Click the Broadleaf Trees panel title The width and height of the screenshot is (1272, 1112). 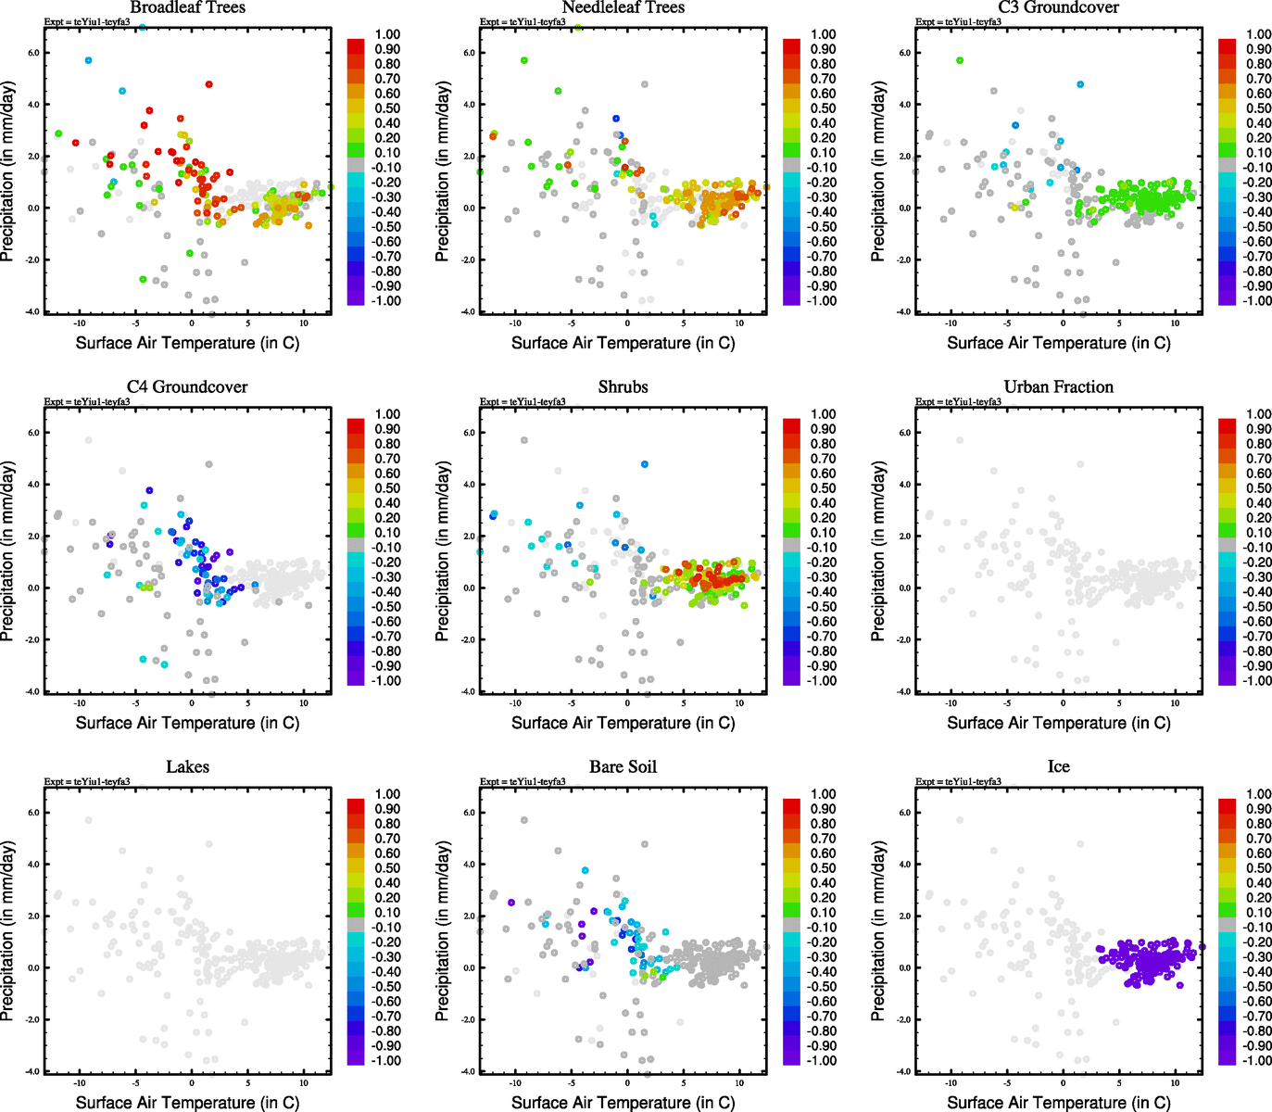(x=187, y=7)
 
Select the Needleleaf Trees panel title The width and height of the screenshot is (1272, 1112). (x=623, y=7)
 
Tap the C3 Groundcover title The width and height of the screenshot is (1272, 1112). (x=1058, y=7)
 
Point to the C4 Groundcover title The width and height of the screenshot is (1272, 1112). (x=187, y=387)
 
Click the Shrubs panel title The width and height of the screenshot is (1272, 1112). (x=623, y=387)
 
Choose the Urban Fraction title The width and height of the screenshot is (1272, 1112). (x=1058, y=387)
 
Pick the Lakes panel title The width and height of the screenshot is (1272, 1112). (x=187, y=767)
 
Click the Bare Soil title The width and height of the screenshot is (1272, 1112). (x=623, y=767)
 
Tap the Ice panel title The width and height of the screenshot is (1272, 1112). (x=1058, y=767)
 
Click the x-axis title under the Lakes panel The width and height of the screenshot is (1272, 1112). (x=187, y=1103)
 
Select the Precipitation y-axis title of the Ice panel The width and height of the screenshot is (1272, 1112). (x=878, y=931)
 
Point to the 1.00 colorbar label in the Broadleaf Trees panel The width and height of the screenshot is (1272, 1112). (x=387, y=34)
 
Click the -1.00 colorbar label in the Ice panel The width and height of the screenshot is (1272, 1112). (x=1256, y=1061)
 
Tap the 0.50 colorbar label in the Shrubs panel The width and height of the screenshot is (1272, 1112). (x=824, y=488)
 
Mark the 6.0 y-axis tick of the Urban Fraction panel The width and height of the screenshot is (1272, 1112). (x=904, y=433)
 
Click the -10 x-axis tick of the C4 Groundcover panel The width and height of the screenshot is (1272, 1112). (x=80, y=703)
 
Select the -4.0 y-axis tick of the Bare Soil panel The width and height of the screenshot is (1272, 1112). (x=469, y=1072)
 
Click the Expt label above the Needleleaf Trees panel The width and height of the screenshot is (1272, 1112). (x=523, y=21)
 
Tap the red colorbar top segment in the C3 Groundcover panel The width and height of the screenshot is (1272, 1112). (x=1227, y=45)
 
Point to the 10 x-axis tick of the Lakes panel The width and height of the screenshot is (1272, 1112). (x=304, y=1083)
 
